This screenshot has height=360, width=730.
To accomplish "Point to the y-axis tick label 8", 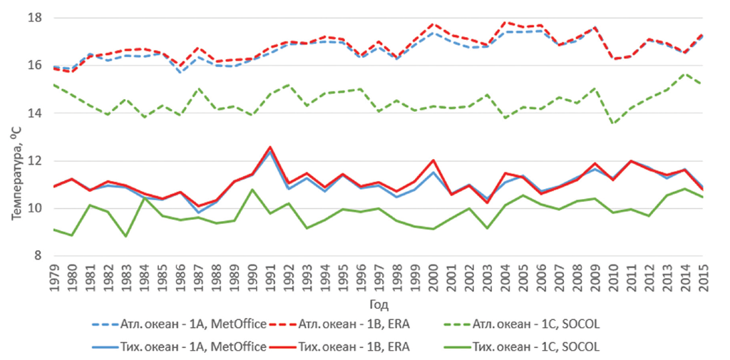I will pos(40,256).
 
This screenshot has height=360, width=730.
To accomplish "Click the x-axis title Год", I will pos(379,305).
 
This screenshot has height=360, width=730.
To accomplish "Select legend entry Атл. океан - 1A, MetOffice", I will pos(180,324).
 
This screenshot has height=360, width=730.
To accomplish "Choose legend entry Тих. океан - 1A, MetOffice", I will pos(180,347).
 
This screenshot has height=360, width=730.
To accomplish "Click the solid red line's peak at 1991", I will pos(269,147).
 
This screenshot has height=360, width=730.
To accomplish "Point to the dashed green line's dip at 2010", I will pos(611,124).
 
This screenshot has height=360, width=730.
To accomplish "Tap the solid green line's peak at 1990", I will pos(252,190).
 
